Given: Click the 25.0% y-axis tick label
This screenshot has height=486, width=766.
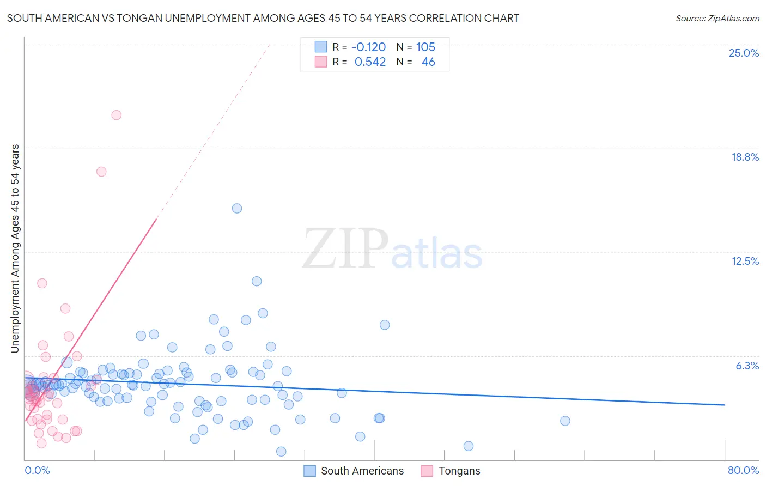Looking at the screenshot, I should point(744,53).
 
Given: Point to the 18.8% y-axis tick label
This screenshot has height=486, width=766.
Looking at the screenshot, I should point(745,157).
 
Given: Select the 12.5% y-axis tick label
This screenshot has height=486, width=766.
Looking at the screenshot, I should point(745,261).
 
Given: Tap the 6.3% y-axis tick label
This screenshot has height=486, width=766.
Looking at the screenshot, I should point(747,366).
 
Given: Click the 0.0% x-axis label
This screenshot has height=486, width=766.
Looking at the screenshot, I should point(37,470).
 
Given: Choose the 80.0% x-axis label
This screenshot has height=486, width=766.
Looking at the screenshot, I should point(743,470).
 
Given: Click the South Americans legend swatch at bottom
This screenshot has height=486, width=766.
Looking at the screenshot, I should point(309,471).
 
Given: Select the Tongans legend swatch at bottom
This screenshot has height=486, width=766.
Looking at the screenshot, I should point(427,471).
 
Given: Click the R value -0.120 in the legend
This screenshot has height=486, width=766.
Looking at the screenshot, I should point(368,47).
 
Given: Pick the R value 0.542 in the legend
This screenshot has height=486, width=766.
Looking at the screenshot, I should point(370,62).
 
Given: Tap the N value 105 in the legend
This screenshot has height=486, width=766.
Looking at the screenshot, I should point(425,47).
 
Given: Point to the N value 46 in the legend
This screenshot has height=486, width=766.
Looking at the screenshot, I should point(428,62).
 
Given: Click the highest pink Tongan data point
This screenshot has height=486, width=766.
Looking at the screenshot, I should point(116,115).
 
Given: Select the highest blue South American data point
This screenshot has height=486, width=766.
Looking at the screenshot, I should point(236,208).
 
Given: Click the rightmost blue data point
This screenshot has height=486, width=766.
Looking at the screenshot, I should point(565,421).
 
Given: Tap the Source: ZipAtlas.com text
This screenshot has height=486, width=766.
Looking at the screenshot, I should point(717,19).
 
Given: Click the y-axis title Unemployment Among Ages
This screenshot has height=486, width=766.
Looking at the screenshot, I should point(15,248).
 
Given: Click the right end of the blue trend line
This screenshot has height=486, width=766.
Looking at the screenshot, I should point(725,405).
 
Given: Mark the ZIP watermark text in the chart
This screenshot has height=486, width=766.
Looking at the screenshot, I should point(345,249).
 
